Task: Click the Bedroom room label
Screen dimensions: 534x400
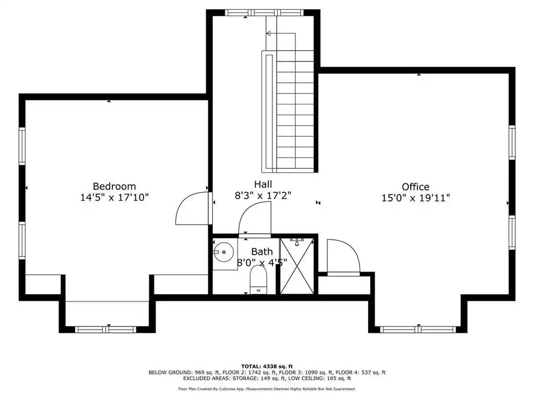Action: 114,186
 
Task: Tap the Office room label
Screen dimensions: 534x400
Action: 416,187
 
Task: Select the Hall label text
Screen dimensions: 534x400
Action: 263,184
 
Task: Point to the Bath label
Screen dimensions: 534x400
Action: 262,252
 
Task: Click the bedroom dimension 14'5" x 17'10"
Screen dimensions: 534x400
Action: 114,197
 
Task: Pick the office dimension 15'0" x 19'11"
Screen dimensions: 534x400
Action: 416,198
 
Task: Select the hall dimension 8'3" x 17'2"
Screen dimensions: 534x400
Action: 263,195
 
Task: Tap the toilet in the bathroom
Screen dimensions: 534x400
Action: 258,279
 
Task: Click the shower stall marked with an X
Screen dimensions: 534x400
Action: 297,266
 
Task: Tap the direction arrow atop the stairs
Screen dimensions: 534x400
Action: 281,33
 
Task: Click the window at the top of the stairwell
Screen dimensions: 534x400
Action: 264,13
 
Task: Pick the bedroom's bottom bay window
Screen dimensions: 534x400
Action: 105,329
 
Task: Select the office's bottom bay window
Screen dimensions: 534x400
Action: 418,329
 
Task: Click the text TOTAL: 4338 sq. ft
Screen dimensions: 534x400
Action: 267,366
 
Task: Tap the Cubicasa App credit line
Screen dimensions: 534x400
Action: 267,389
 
